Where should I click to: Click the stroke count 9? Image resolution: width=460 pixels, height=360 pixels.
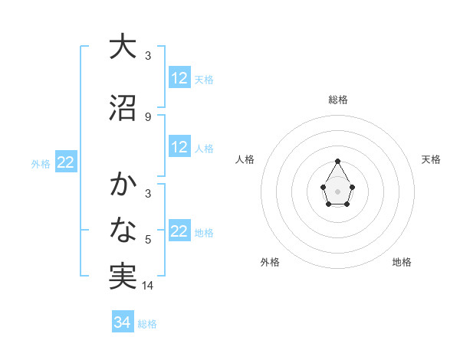(x=148, y=117)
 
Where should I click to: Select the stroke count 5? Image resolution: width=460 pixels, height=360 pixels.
(x=148, y=241)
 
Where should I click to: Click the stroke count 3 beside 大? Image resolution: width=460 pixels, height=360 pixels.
(x=148, y=55)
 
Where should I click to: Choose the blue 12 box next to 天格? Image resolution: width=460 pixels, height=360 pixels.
(x=179, y=78)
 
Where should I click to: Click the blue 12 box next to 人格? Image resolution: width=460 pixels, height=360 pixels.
(x=179, y=147)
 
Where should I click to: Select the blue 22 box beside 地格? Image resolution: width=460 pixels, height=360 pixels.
(x=179, y=231)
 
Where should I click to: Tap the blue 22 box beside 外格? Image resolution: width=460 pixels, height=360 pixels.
(x=65, y=162)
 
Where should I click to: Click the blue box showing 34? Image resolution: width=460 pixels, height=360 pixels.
(x=122, y=322)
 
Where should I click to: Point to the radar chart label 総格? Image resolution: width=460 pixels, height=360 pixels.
(x=338, y=100)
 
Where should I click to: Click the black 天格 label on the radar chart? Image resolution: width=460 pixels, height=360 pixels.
(x=432, y=159)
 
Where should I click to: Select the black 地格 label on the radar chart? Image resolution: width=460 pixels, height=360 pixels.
(x=402, y=262)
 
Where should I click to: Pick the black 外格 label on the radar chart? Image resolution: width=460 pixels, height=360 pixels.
(x=270, y=262)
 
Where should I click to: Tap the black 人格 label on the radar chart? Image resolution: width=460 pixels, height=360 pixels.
(x=245, y=159)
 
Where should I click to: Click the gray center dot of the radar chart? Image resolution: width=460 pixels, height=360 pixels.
(x=337, y=190)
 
